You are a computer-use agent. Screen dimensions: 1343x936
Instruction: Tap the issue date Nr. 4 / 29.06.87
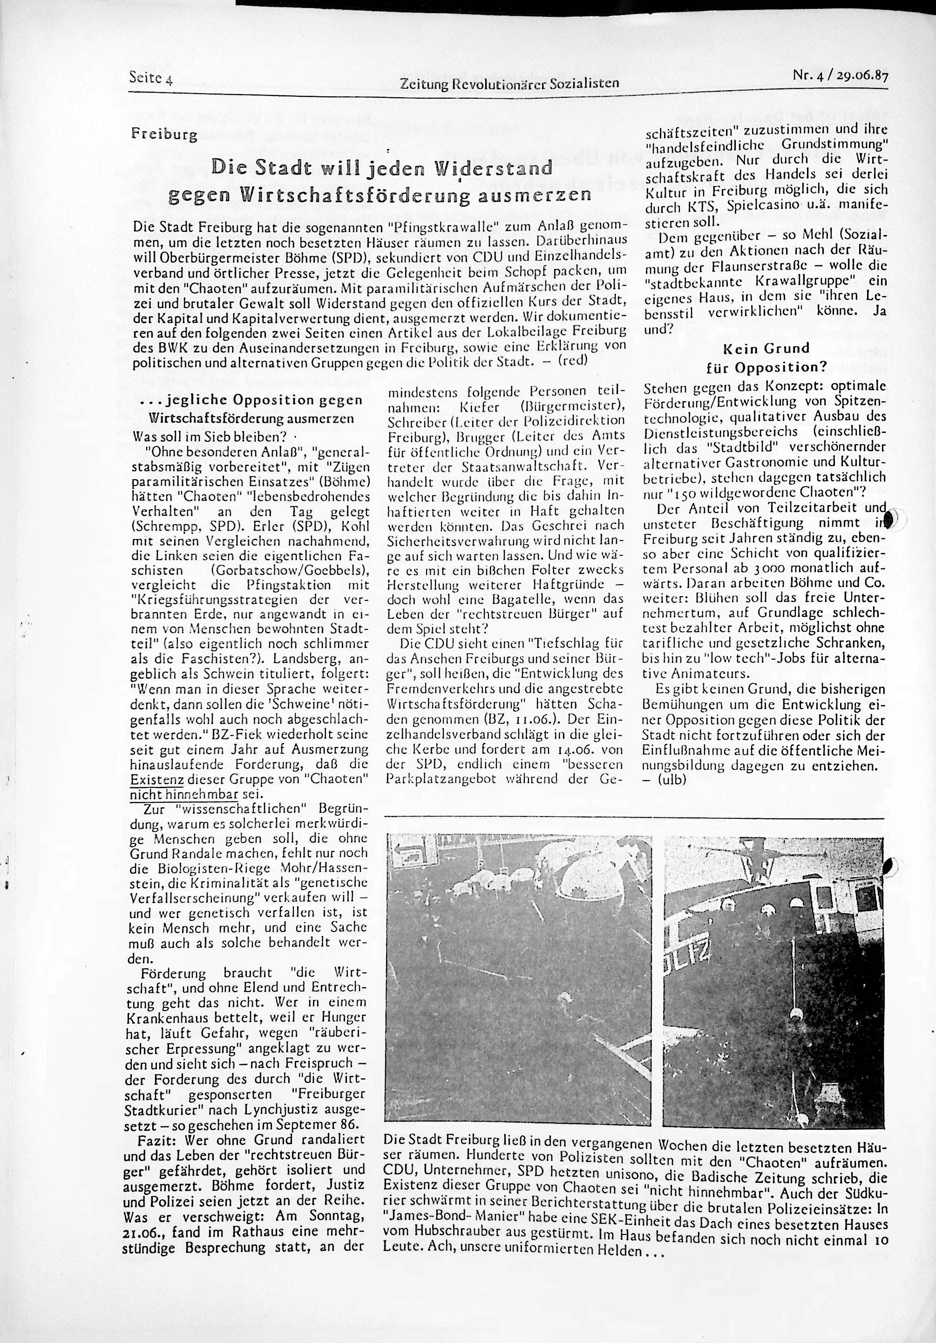pyautogui.click(x=840, y=76)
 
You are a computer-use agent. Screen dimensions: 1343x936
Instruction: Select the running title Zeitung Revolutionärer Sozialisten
pyautogui.click(x=509, y=84)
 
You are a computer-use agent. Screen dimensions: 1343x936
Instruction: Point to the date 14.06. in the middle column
pyautogui.click(x=547, y=749)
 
